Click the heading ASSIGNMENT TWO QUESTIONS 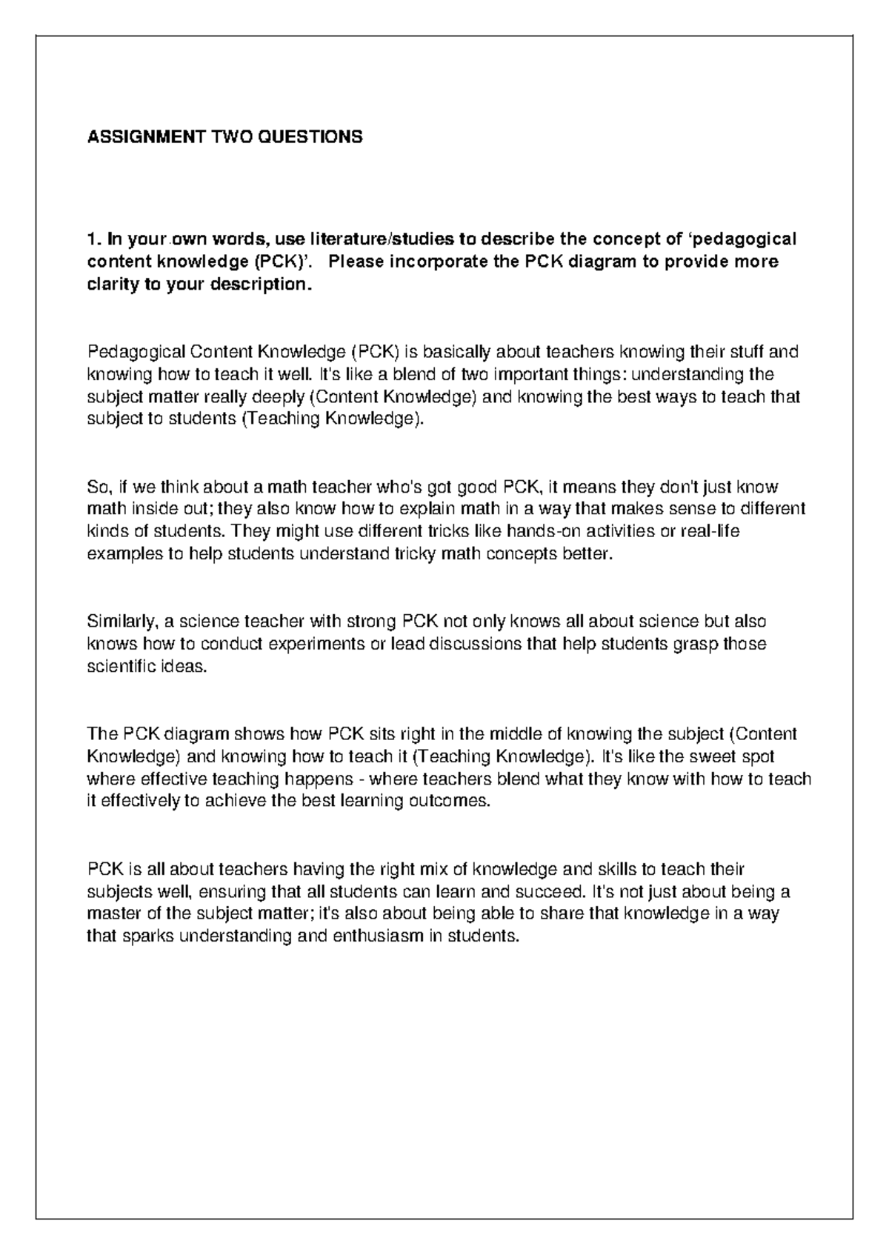(225, 137)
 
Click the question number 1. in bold (93, 239)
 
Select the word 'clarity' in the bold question (112, 285)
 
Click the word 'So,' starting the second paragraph (99, 487)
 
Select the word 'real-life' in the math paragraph (711, 532)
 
